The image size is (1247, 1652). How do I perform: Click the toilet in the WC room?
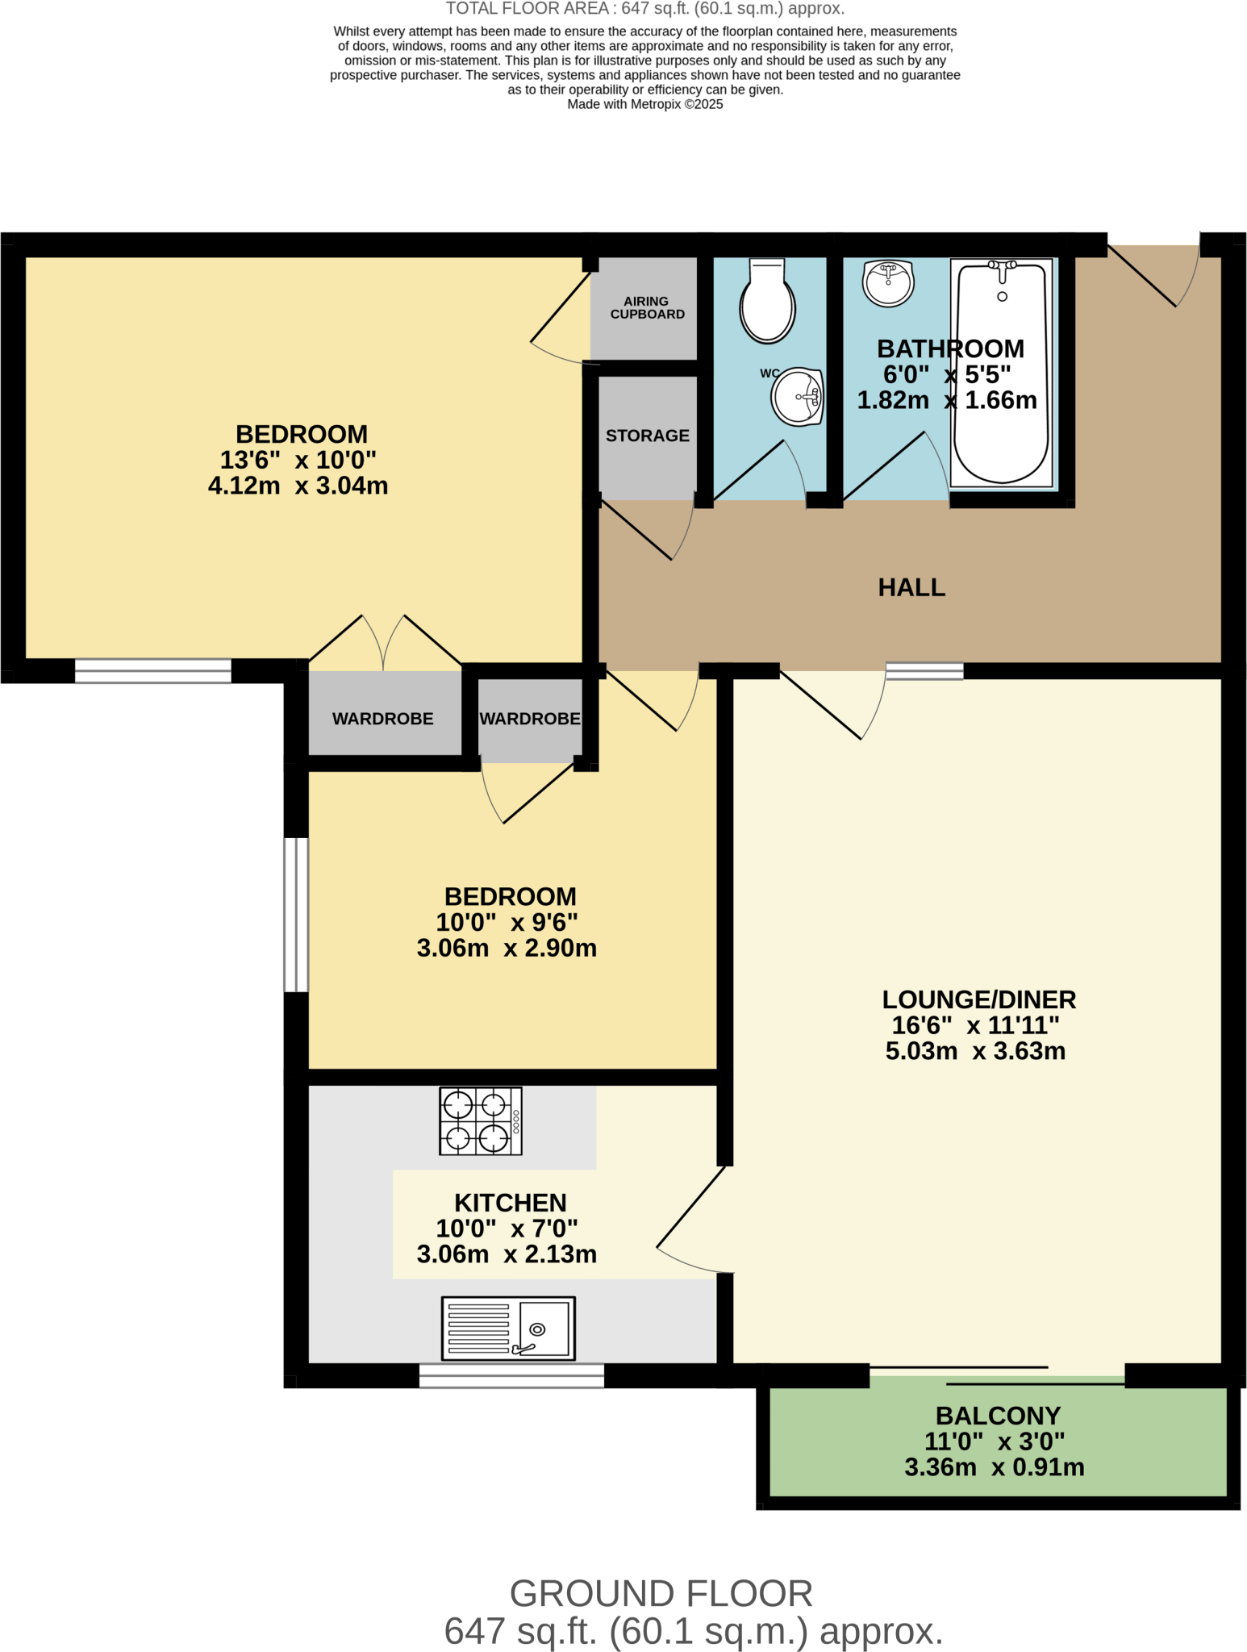768,302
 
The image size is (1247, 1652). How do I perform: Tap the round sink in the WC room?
797,397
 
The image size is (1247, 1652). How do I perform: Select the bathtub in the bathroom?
1001,373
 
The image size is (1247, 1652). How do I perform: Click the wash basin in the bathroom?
888,282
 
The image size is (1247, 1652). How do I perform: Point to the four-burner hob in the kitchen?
480,1120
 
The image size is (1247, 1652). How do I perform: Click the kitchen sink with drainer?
508,1328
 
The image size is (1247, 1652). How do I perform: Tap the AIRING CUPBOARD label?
647,307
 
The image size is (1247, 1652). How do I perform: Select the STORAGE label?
647,436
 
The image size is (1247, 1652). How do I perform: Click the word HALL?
911,587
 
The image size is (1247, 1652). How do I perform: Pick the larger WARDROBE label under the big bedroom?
382,719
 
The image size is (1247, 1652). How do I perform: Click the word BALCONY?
998,1416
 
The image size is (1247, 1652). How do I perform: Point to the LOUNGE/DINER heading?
978,999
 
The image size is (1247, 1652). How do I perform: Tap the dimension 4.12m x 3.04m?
298,486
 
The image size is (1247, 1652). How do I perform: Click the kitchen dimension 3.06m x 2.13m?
507,1254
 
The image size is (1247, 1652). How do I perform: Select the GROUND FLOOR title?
661,1594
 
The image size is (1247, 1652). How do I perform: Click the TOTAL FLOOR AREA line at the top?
644,9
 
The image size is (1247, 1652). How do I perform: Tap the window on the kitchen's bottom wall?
511,1375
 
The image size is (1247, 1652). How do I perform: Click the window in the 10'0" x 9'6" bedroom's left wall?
296,915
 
